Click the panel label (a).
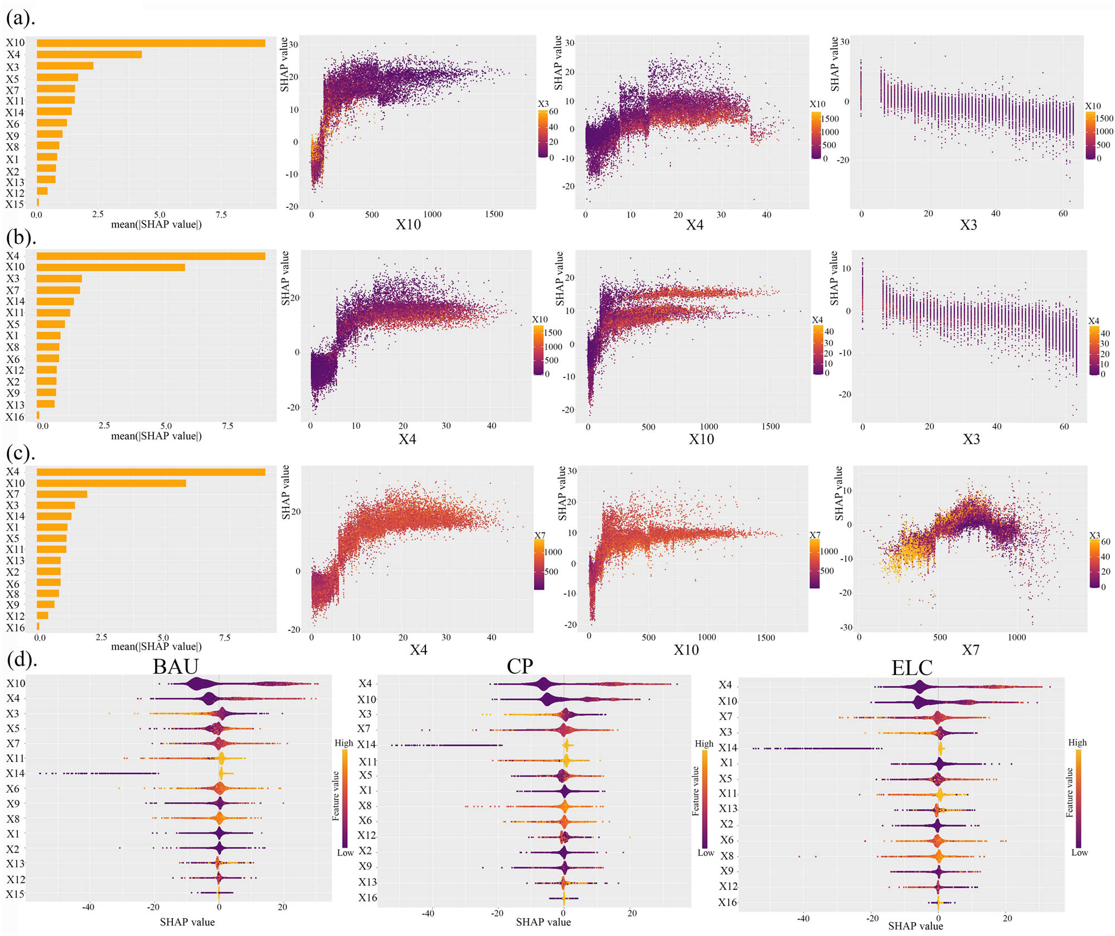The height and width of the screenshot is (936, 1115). pyautogui.click(x=21, y=18)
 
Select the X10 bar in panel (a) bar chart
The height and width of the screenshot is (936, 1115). pyautogui.click(x=151, y=43)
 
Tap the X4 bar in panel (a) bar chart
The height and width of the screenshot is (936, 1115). pyautogui.click(x=89, y=55)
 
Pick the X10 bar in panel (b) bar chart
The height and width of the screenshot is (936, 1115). pyautogui.click(x=110, y=268)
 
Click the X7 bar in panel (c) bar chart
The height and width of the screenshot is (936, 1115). pyautogui.click(x=62, y=494)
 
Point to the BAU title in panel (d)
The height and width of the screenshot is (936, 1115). pyautogui.click(x=176, y=667)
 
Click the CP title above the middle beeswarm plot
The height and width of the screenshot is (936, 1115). pyautogui.click(x=520, y=667)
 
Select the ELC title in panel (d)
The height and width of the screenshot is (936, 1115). pyautogui.click(x=912, y=668)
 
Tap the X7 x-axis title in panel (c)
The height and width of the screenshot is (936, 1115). pyautogui.click(x=971, y=650)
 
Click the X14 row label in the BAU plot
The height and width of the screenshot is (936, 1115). pyautogui.click(x=16, y=774)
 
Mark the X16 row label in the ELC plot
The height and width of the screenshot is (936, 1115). pyautogui.click(x=728, y=903)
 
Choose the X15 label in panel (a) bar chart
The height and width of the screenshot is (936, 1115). pyautogui.click(x=15, y=205)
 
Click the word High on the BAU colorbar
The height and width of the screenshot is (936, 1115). pyautogui.click(x=344, y=743)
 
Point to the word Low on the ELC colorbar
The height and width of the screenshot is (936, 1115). pyautogui.click(x=1079, y=852)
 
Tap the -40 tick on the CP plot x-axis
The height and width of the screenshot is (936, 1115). pyautogui.click(x=428, y=913)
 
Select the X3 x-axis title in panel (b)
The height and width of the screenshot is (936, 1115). pyautogui.click(x=971, y=439)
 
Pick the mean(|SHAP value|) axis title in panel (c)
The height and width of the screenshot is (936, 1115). pyautogui.click(x=156, y=647)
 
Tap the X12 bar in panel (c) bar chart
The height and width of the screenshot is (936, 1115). pyautogui.click(x=42, y=615)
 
